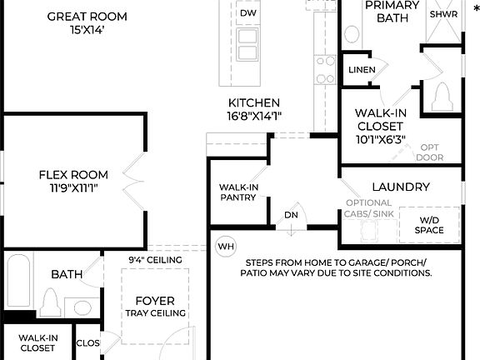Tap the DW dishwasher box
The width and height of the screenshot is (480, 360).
(x=247, y=13)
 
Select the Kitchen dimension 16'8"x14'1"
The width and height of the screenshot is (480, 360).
(x=254, y=116)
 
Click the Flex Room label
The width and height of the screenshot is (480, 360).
(x=73, y=175)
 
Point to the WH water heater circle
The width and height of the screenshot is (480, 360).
(x=225, y=247)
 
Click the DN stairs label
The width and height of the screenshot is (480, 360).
(x=291, y=214)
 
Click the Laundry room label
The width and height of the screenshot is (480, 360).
(x=401, y=187)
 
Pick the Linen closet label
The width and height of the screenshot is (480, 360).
(x=361, y=70)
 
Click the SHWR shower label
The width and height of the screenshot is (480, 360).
(x=442, y=14)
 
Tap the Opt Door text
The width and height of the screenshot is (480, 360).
(x=430, y=152)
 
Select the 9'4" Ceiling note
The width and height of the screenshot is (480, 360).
(x=154, y=259)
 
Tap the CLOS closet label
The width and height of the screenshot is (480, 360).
(x=87, y=342)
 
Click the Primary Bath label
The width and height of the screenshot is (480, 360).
(x=392, y=11)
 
